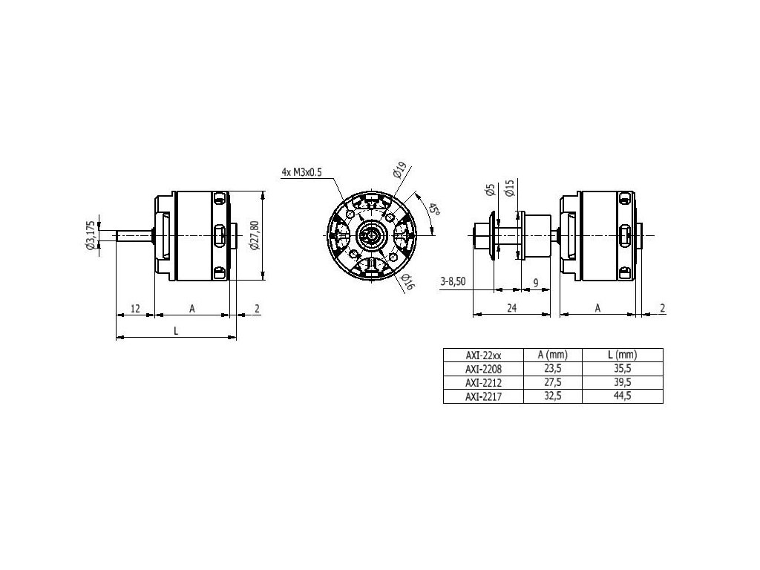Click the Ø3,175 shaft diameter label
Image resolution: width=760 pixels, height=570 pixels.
pos(90,235)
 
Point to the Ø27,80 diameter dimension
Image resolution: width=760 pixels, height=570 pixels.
pos(255,235)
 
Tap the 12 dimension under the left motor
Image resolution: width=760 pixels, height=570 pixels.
pos(135,308)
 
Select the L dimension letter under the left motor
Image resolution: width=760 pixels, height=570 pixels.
pos(177,331)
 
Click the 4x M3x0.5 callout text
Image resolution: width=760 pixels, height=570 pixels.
pos(301,172)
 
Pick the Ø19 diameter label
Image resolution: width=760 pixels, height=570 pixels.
pos(399,170)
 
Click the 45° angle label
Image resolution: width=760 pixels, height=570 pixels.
pos(433,209)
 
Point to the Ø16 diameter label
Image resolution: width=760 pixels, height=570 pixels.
pos(408,281)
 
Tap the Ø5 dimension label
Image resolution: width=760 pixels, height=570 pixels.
pos(490,190)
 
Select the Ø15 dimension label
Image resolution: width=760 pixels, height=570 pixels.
pos(509,188)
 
